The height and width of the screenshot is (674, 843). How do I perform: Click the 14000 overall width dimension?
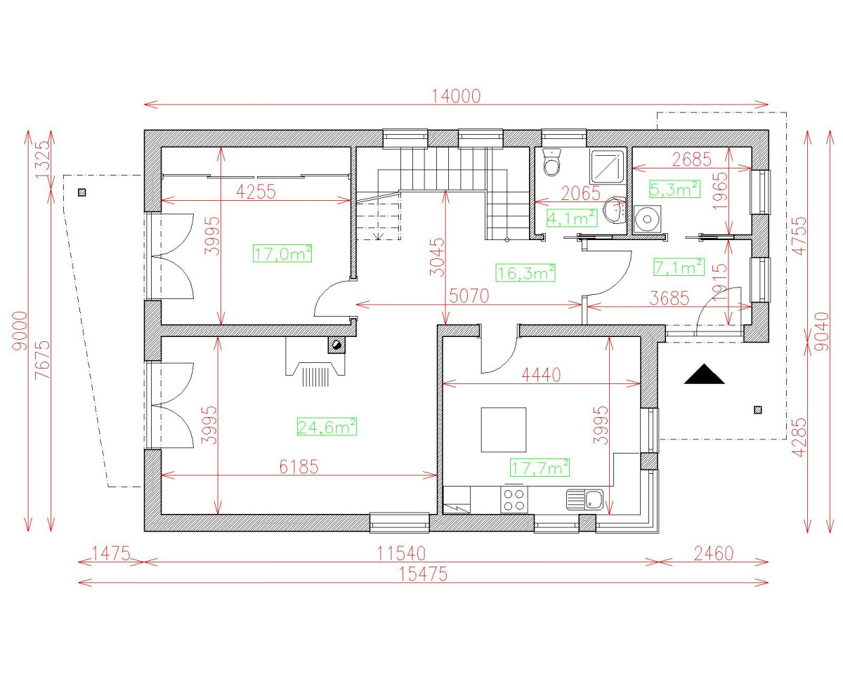click(456, 96)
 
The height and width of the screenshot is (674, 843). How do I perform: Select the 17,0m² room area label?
click(282, 253)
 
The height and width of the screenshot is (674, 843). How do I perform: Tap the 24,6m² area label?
click(327, 426)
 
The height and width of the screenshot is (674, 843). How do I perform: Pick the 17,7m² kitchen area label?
click(539, 467)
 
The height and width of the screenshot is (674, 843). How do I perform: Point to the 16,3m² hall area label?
click(526, 272)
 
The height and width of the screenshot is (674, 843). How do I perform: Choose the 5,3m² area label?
click(674, 189)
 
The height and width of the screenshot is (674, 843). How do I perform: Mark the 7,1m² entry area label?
click(679, 267)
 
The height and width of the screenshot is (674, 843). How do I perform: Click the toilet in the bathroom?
click(552, 164)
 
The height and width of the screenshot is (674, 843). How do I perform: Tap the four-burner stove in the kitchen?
click(514, 499)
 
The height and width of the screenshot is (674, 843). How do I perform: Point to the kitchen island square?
click(503, 430)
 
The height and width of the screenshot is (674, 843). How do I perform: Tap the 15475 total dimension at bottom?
click(423, 574)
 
